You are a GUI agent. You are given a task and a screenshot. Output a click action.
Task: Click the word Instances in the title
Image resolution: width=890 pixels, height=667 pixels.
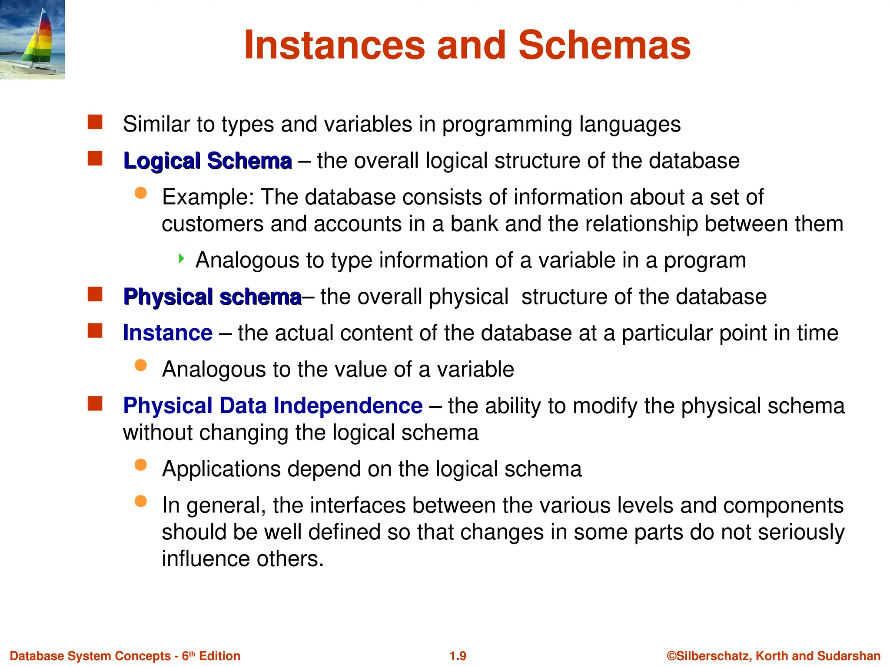334,45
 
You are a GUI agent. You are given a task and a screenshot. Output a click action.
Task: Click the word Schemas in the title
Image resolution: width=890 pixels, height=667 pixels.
604,45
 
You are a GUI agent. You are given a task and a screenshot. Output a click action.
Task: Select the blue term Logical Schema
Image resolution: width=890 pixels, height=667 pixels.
207,161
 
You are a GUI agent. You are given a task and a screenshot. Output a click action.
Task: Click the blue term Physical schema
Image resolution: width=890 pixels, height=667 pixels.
212,297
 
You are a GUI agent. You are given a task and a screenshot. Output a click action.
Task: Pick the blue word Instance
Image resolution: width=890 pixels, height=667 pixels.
168,333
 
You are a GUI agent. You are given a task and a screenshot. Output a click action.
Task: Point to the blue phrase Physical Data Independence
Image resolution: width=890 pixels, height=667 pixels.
272,406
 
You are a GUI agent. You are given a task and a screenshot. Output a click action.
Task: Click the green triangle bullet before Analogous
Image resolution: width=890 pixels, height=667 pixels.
182,259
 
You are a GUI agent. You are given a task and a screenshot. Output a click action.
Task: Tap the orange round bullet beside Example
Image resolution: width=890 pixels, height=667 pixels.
140,193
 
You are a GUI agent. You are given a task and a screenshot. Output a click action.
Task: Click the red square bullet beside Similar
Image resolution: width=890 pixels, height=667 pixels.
95,122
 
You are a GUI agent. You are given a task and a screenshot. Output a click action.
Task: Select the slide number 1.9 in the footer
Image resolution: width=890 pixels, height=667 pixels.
458,656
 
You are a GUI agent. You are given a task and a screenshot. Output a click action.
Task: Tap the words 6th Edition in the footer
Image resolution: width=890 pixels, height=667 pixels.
211,656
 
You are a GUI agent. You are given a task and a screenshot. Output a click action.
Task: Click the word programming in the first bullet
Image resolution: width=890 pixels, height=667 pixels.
507,125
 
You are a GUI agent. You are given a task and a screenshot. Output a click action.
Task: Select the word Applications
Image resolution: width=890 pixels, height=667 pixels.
221,469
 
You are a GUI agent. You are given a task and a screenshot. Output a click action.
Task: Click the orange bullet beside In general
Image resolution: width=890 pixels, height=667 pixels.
140,502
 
